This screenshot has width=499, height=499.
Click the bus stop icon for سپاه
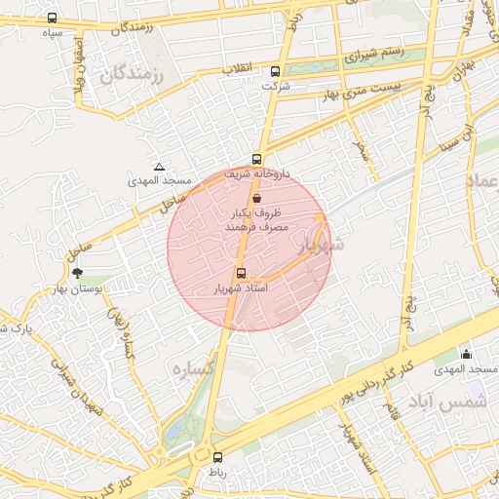pyautogui.click(x=52, y=18)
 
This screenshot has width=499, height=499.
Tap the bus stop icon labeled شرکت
pyautogui.click(x=275, y=71)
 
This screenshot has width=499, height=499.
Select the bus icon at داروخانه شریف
pyautogui.click(x=257, y=159)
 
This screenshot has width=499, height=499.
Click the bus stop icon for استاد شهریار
pyautogui.click(x=241, y=274)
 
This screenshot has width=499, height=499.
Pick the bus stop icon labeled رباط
pyautogui.click(x=215, y=456)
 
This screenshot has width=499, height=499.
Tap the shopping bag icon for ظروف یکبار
pyautogui.click(x=255, y=197)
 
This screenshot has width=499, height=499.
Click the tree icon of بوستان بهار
pyautogui.click(x=77, y=274)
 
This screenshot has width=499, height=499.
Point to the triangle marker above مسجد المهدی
pyautogui.click(x=160, y=167)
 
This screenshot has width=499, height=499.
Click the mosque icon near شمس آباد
pyautogui.click(x=467, y=355)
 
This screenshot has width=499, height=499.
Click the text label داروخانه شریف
pyautogui.click(x=232, y=173)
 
